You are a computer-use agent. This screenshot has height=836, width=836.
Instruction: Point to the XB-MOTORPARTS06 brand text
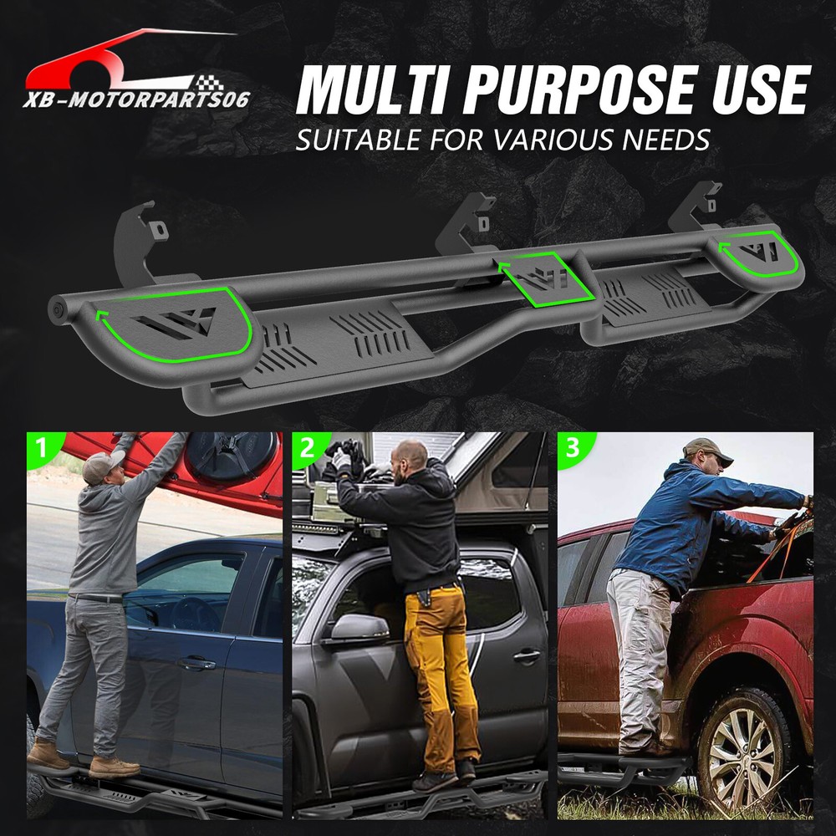[x=136, y=99]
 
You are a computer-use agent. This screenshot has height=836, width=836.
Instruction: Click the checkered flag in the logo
[x=210, y=84]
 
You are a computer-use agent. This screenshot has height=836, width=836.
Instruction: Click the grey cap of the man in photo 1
[x=102, y=465]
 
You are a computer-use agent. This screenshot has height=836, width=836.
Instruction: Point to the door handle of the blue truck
[x=196, y=664]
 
